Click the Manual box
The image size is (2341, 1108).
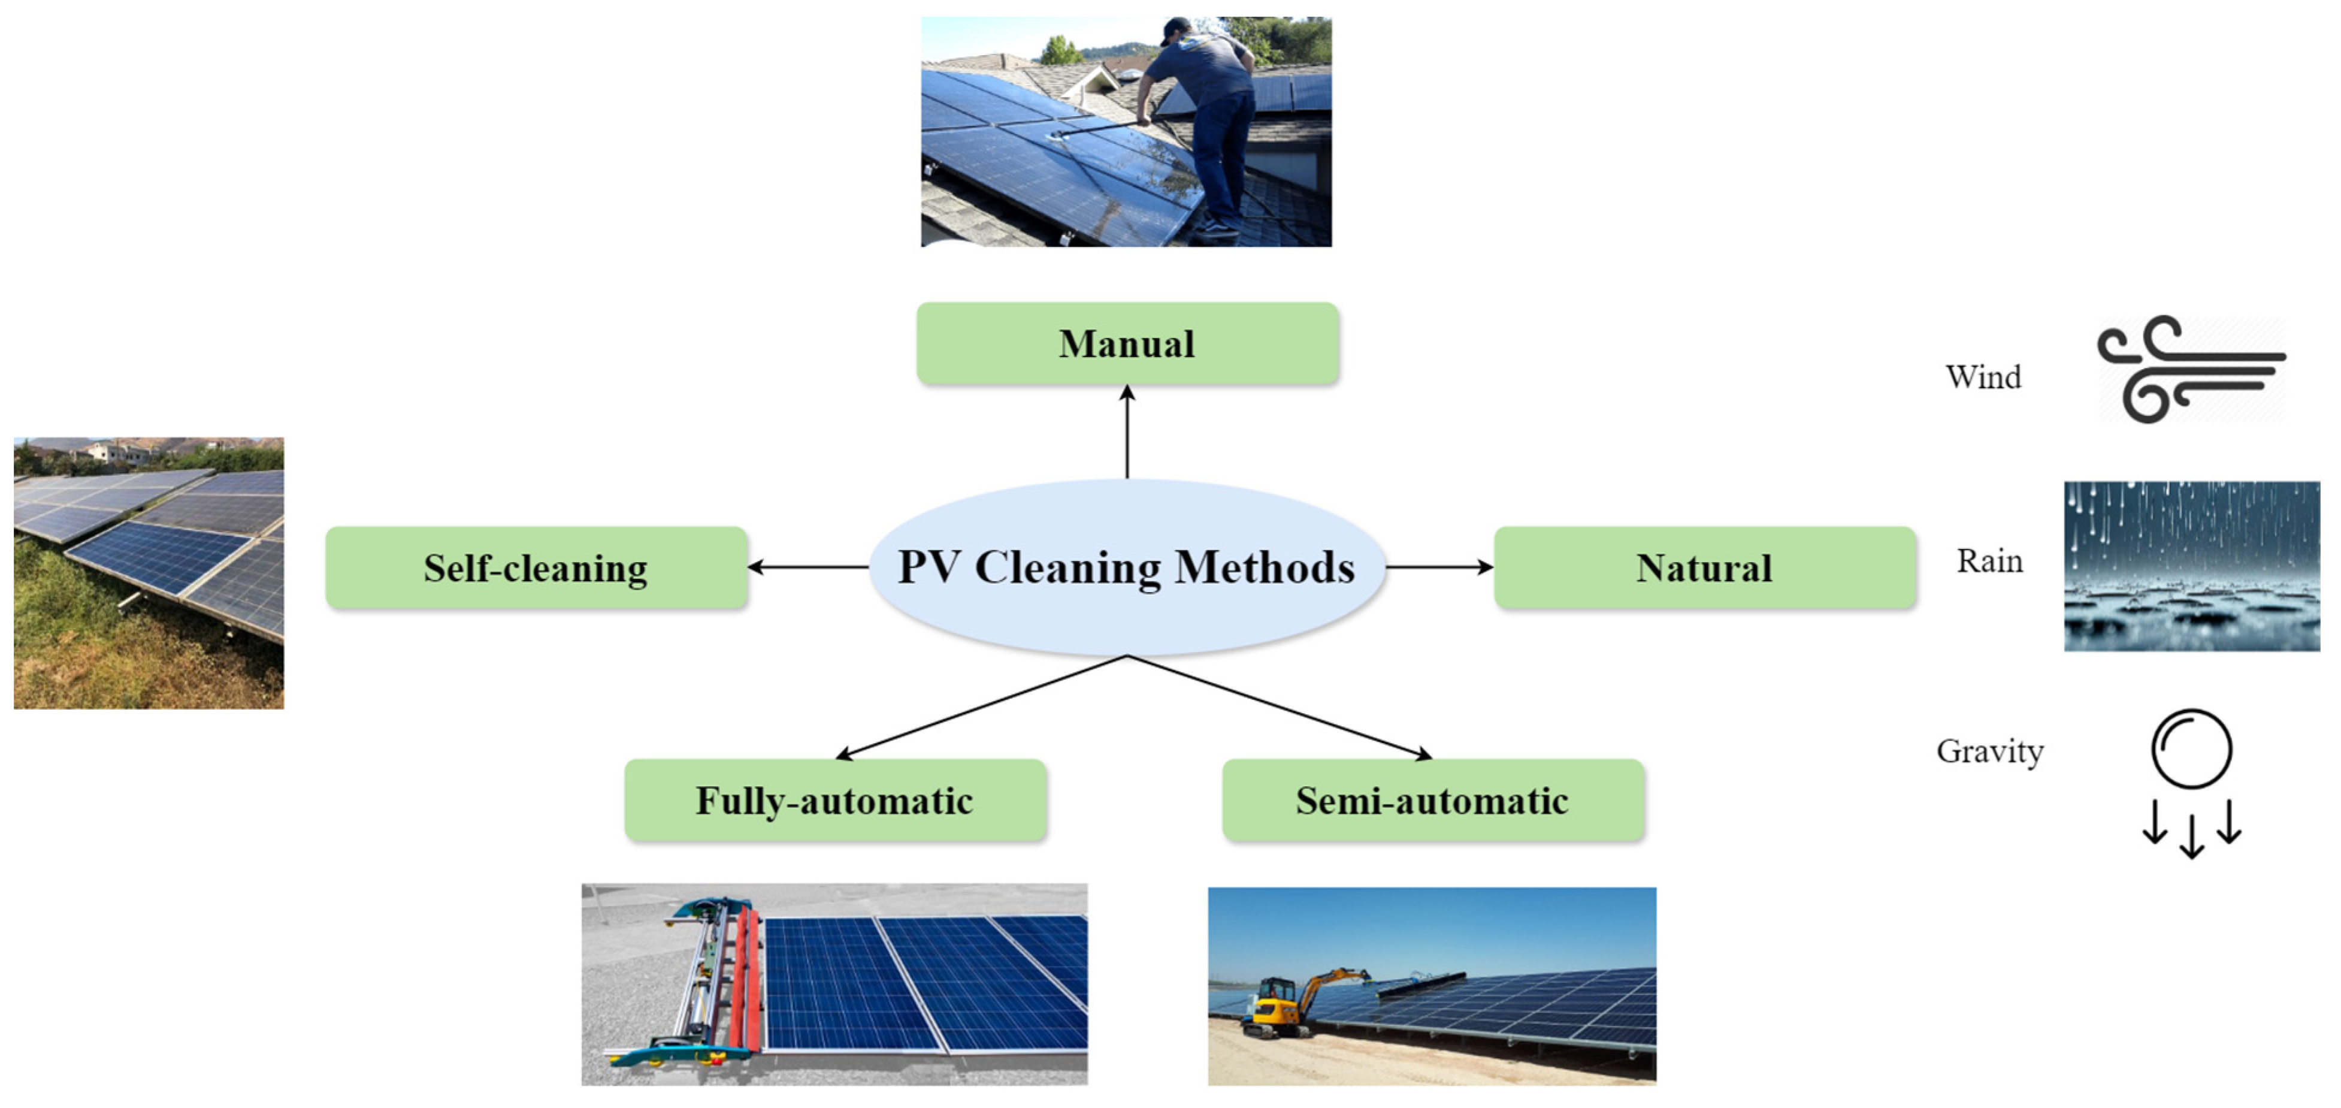point(1127,343)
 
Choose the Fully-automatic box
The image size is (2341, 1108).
point(834,801)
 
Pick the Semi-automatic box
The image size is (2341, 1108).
point(1432,801)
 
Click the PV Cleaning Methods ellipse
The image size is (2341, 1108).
point(1127,567)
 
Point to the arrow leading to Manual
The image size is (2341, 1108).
point(1127,431)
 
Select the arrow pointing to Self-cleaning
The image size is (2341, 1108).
point(807,567)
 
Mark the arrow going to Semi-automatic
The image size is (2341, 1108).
point(1280,707)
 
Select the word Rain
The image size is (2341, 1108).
point(1989,561)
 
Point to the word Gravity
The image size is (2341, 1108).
point(1989,751)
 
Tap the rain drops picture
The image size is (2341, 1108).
point(2191,565)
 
